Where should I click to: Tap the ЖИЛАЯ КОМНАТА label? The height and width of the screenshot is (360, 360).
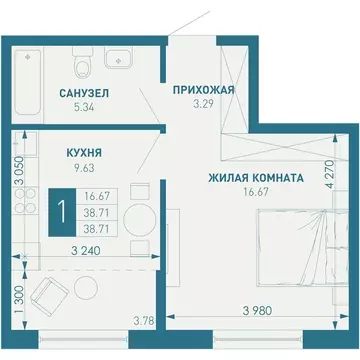(x=255, y=177)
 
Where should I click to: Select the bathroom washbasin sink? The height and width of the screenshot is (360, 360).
(x=121, y=60)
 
